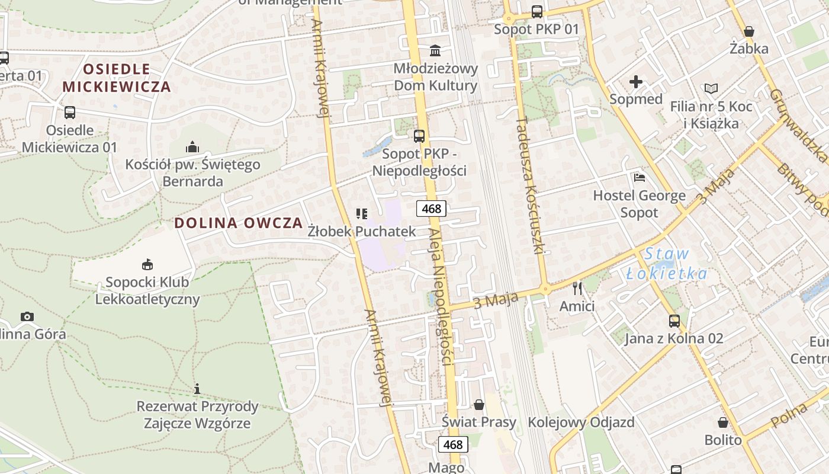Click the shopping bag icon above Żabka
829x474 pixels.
pos(749,31)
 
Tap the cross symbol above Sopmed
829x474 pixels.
pos(636,82)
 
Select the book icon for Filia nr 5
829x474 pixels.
pos(711,89)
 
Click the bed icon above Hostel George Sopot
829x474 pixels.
pos(639,177)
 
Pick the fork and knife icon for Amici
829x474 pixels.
pos(577,289)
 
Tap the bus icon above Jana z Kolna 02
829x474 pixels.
pos(674,321)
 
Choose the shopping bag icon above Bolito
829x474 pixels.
pos(723,422)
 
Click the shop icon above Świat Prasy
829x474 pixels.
pos(479,405)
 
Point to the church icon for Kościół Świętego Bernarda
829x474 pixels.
pos(192,146)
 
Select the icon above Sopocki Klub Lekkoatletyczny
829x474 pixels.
pos(147,264)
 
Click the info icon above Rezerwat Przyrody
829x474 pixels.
pos(197,389)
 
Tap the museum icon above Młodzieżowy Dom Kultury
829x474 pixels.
pos(436,50)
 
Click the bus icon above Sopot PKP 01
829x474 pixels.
pos(536,11)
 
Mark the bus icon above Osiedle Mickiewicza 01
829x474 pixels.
pos(70,112)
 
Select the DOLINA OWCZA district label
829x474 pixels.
pos(238,223)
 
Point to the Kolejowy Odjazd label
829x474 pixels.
pos(581,422)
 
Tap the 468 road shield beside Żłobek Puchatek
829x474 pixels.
pos(431,209)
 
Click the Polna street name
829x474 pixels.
pos(790,417)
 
